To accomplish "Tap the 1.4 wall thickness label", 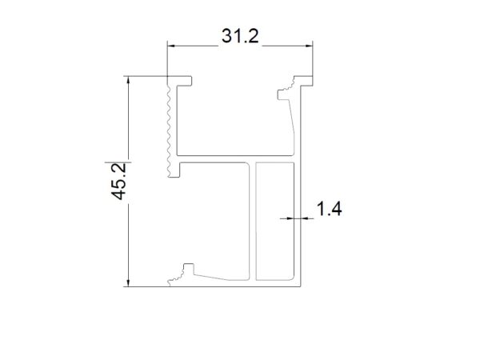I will tap(330, 210).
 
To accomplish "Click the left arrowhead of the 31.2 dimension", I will tap(170, 46).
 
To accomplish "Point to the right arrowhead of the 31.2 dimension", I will tap(308, 46).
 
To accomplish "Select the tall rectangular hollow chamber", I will tap(275, 222).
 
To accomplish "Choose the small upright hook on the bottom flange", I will tap(189, 270).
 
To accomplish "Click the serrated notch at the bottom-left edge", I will tap(173, 281).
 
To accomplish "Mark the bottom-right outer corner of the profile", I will tap(300, 285).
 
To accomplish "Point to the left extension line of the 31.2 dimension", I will tap(166, 60).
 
